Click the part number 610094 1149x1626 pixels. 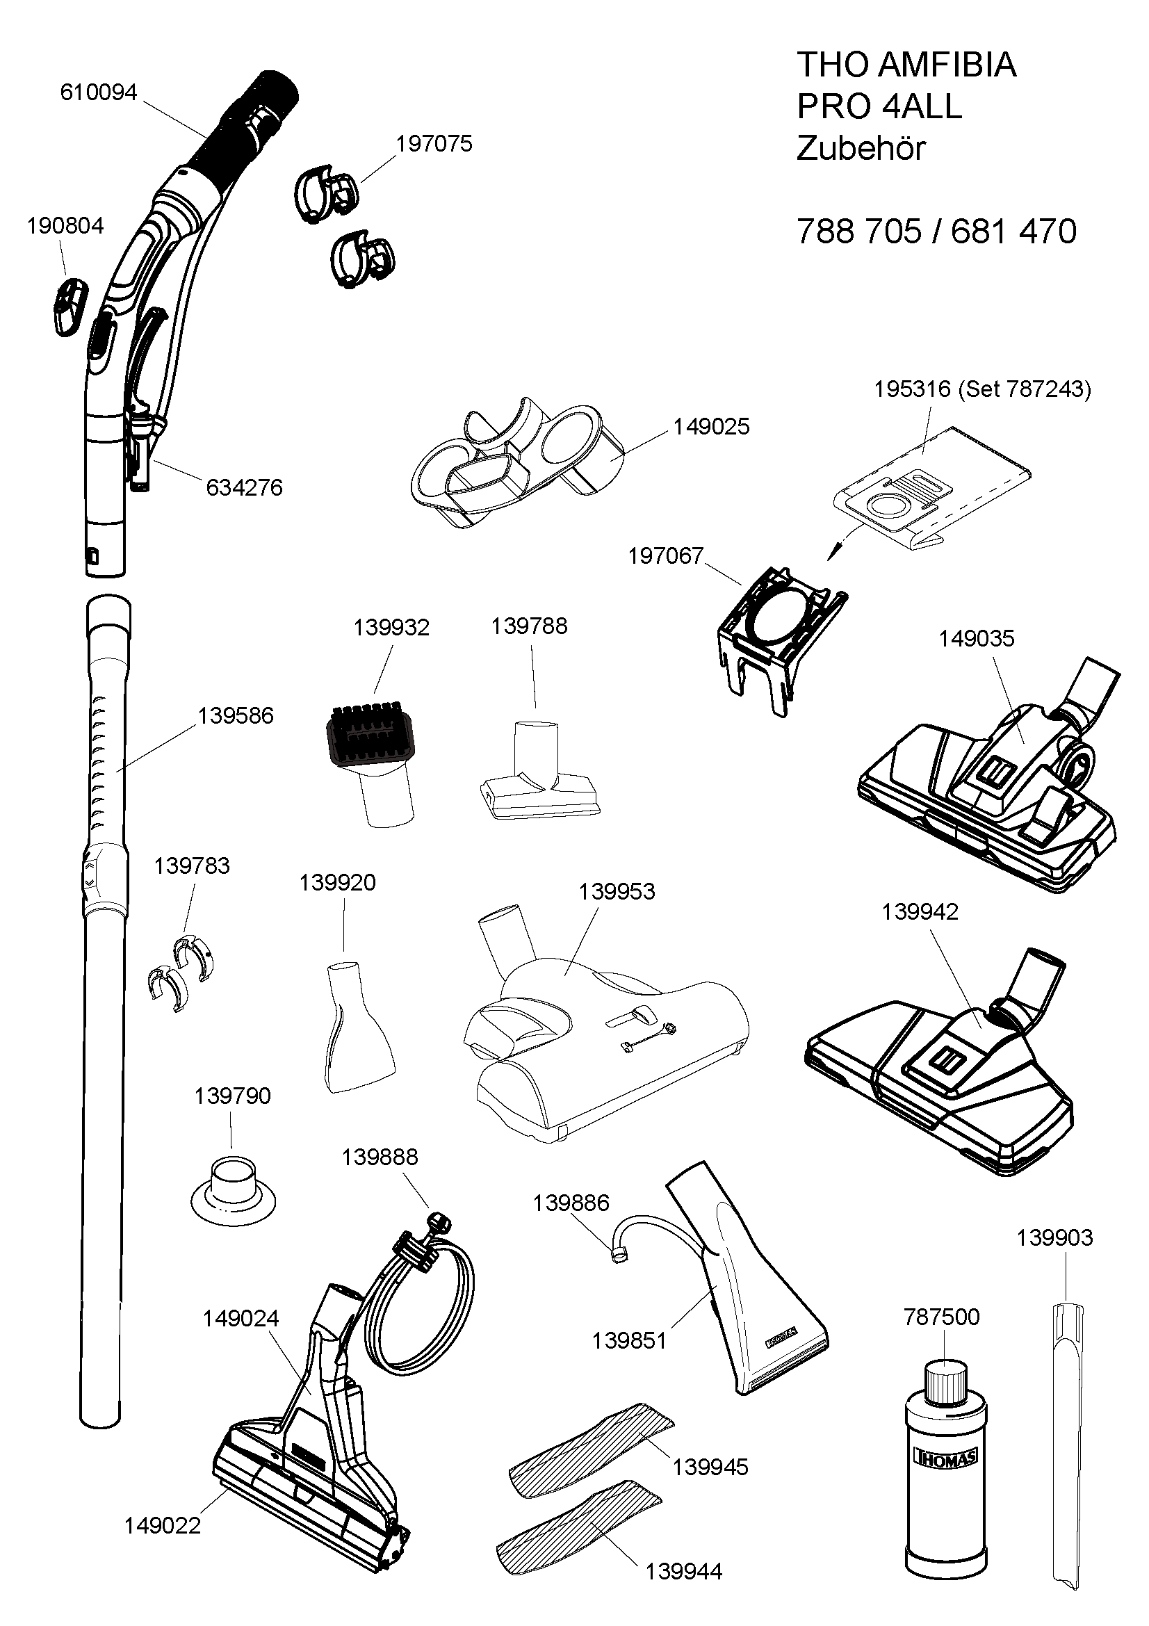99,92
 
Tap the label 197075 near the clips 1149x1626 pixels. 434,144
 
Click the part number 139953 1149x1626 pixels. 617,892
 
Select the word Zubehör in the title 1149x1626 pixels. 861,149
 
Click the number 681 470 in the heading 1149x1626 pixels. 1013,231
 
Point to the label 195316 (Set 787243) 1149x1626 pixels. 983,389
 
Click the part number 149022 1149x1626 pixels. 163,1525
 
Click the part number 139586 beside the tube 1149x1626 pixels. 236,716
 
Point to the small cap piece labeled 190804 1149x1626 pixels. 69,305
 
